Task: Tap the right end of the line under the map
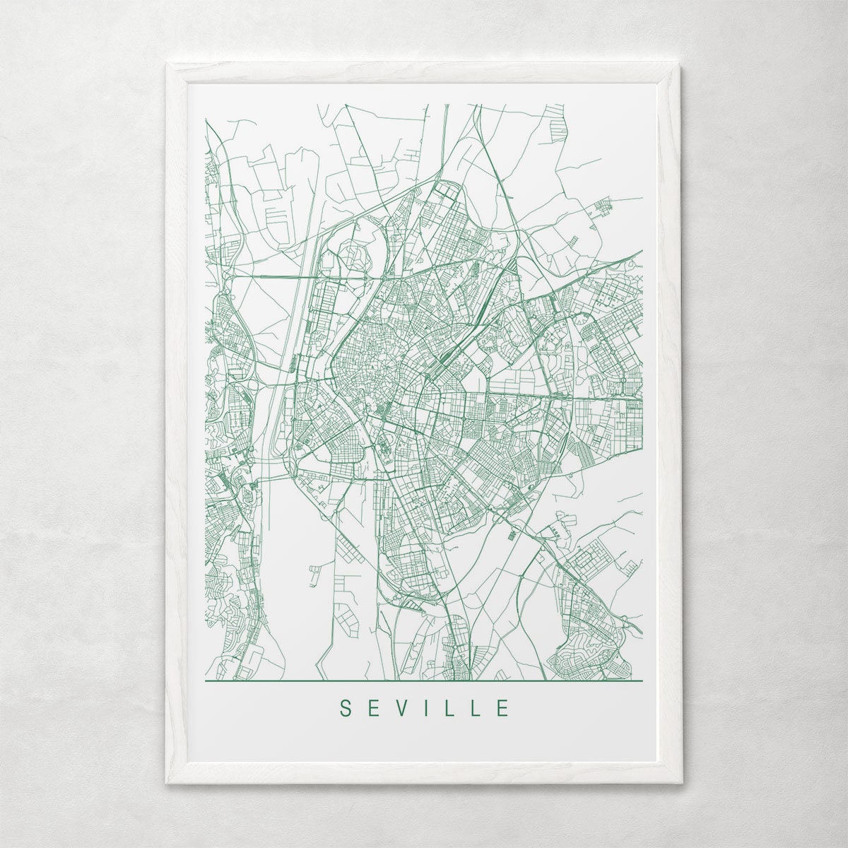click(x=642, y=681)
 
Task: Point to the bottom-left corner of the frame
click(x=167, y=782)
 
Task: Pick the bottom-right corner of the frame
click(x=681, y=782)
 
